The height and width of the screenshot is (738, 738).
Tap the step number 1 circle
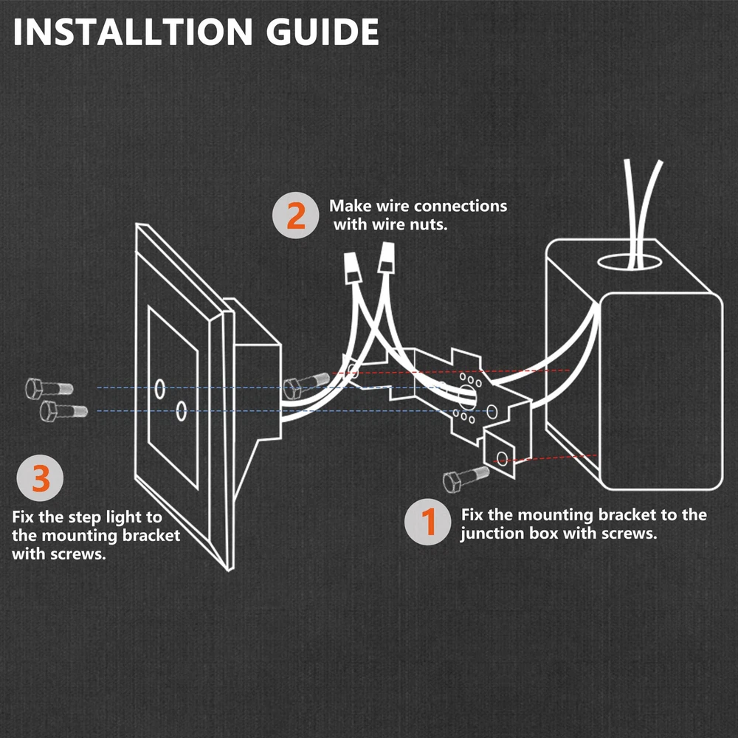point(429,523)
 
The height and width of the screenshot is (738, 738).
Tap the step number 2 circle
point(295,215)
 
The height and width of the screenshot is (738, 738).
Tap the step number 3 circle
point(41,480)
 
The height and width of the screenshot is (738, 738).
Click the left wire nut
point(354,265)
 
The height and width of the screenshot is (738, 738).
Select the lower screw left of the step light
point(63,410)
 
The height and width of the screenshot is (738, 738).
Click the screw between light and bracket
point(305,384)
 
